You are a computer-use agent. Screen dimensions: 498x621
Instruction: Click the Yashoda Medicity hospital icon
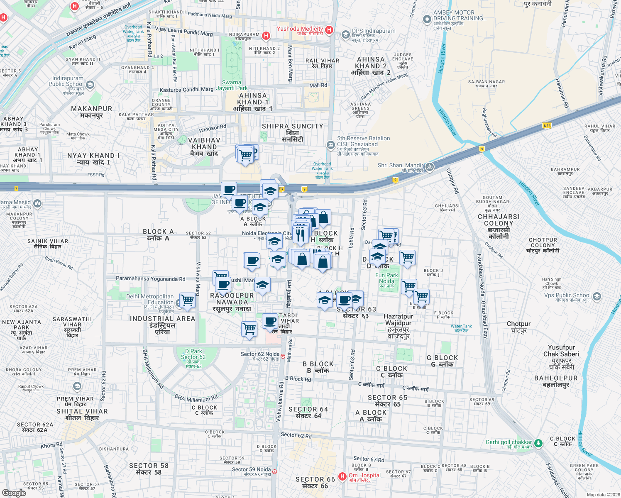(329, 29)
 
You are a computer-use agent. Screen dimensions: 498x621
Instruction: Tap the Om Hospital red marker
(342, 476)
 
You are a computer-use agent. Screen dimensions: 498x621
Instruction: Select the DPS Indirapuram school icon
(345, 34)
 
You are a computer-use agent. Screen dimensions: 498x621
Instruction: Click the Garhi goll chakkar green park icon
(538, 443)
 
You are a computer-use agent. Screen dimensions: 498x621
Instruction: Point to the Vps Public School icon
(597, 296)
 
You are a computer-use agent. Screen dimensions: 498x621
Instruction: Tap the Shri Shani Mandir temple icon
(430, 167)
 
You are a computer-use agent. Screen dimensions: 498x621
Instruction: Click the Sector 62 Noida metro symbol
(283, 356)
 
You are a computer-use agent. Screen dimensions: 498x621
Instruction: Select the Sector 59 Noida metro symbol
(274, 471)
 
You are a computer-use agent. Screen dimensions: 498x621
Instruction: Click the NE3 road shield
(547, 126)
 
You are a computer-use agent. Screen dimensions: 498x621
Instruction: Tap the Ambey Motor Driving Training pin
(427, 19)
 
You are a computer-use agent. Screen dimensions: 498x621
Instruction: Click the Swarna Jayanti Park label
(232, 85)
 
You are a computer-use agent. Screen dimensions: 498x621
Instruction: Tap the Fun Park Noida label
(386, 278)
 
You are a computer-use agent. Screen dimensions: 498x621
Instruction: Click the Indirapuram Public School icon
(90, 85)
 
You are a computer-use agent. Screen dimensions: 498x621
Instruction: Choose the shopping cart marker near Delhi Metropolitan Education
(187, 300)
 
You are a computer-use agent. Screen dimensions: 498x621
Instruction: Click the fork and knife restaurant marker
(300, 235)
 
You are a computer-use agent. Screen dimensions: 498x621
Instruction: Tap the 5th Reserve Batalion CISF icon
(330, 145)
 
